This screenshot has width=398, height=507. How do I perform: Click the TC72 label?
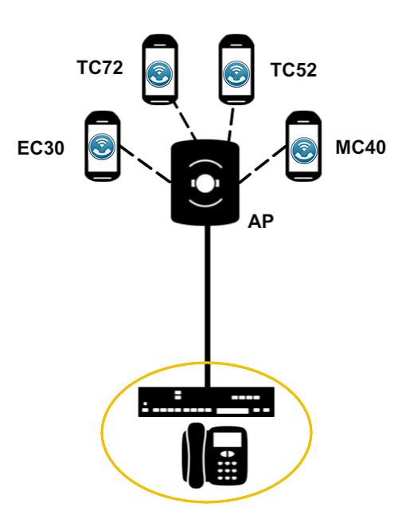click(100, 68)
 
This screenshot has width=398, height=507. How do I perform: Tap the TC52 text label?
click(294, 70)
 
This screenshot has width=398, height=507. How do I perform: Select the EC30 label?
click(41, 148)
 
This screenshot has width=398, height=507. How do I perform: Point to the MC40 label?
click(361, 147)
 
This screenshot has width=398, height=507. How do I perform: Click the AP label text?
click(260, 222)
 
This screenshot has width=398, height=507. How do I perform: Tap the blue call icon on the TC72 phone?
click(159, 73)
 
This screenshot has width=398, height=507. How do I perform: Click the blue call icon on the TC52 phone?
click(236, 73)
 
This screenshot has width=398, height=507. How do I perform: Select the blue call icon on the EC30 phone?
click(102, 147)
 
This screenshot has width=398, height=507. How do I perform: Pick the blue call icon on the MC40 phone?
click(304, 151)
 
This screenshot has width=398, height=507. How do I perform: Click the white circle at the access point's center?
click(205, 183)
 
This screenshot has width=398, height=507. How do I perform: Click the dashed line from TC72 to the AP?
click(185, 121)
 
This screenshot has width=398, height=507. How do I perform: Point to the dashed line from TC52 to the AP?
click(232, 124)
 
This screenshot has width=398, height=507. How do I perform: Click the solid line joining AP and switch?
click(208, 305)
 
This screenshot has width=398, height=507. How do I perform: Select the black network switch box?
click(206, 402)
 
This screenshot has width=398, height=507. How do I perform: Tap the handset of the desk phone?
click(193, 455)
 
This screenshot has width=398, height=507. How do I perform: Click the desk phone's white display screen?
click(227, 439)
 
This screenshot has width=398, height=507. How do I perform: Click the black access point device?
click(205, 183)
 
